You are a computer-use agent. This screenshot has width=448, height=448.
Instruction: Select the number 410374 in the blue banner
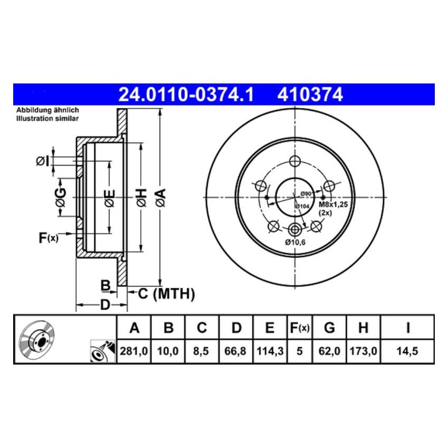309,95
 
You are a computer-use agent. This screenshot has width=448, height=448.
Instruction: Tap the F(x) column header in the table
299,328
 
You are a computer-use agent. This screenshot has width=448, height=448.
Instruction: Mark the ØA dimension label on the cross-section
161,198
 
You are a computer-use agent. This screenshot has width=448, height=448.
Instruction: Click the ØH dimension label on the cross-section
141,198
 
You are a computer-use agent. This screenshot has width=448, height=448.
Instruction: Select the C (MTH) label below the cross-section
167,294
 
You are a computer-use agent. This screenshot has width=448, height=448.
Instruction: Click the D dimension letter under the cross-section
105,305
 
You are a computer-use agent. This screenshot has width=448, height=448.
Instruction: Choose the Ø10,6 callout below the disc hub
295,242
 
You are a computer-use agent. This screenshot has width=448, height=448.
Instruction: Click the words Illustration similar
47,119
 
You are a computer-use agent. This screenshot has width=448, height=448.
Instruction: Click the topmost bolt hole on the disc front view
295,161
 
